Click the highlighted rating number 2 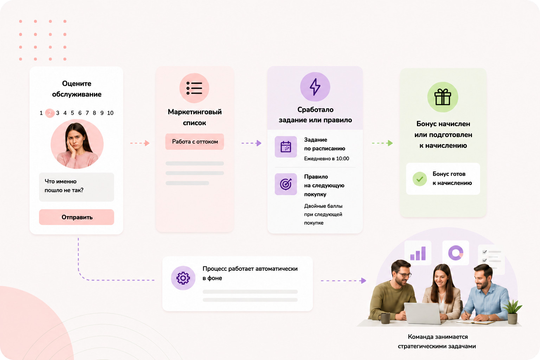(x=50, y=113)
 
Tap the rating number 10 (x=110, y=113)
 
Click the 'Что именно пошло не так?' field (x=76, y=187)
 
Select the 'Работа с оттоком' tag (x=194, y=142)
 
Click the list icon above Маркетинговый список (x=194, y=88)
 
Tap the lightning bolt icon (x=315, y=87)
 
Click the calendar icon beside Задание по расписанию (x=286, y=147)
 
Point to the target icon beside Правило (x=286, y=184)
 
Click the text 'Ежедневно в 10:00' (x=326, y=159)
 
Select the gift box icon (x=443, y=97)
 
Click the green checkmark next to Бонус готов (x=420, y=179)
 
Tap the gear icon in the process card (x=183, y=278)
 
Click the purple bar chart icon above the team (x=418, y=253)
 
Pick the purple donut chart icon (x=456, y=253)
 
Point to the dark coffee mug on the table (x=385, y=318)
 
